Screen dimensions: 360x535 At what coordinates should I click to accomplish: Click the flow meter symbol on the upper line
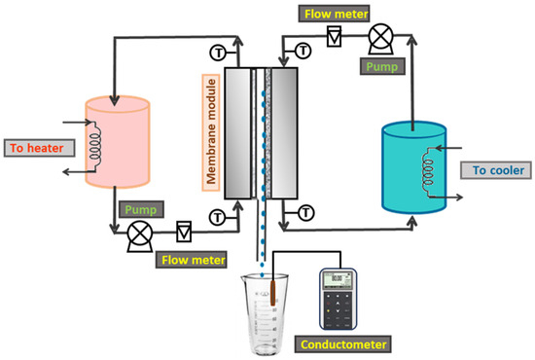click(x=334, y=38)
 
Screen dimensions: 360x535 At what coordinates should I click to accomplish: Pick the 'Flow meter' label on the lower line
click(x=196, y=259)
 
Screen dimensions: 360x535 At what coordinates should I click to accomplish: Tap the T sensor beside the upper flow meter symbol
click(x=303, y=48)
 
